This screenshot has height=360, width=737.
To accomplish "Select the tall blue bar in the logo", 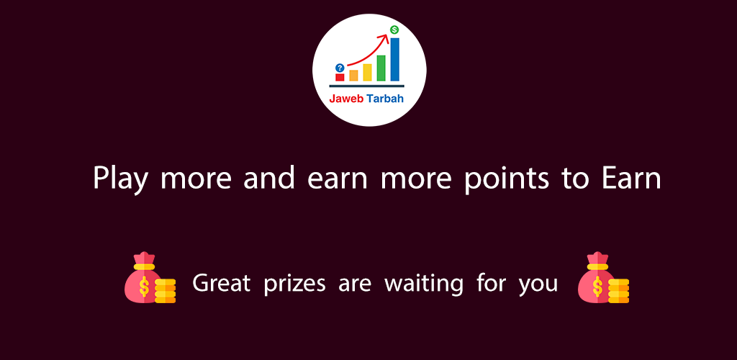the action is (x=395, y=59).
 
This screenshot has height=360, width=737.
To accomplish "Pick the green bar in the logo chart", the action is (x=381, y=68).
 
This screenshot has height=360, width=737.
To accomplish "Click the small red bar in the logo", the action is (x=340, y=77).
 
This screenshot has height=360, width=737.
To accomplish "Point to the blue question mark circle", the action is (x=340, y=68).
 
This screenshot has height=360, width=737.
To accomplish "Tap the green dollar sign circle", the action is (x=394, y=30).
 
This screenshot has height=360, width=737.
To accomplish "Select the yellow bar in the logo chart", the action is (x=367, y=73).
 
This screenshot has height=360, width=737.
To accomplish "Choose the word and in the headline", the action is (x=269, y=178).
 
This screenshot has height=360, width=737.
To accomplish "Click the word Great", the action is (x=221, y=283).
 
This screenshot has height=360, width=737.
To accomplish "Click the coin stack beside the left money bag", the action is (x=166, y=290).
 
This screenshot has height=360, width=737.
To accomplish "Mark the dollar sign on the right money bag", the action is (x=597, y=287).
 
